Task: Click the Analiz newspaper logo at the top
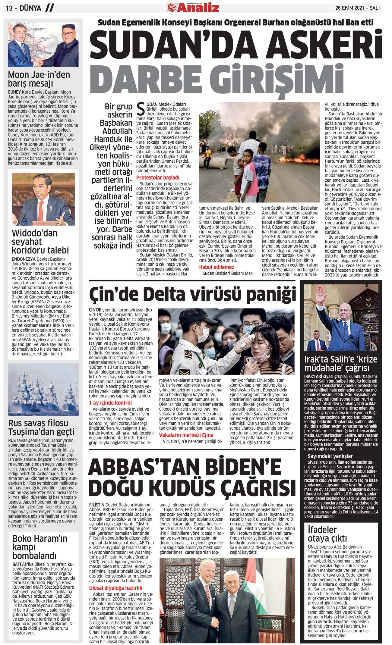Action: (193, 7)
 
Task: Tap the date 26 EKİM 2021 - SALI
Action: (357, 8)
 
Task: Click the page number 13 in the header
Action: (9, 8)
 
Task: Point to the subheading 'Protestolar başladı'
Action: (158, 177)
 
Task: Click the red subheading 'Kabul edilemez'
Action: (216, 267)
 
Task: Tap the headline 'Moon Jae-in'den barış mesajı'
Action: (39, 79)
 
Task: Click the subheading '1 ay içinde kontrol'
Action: (110, 403)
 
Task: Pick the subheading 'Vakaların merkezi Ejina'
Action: (186, 435)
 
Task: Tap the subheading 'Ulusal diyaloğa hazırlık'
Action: (115, 588)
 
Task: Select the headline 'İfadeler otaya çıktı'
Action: (327, 534)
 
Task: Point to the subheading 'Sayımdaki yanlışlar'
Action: (330, 456)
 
